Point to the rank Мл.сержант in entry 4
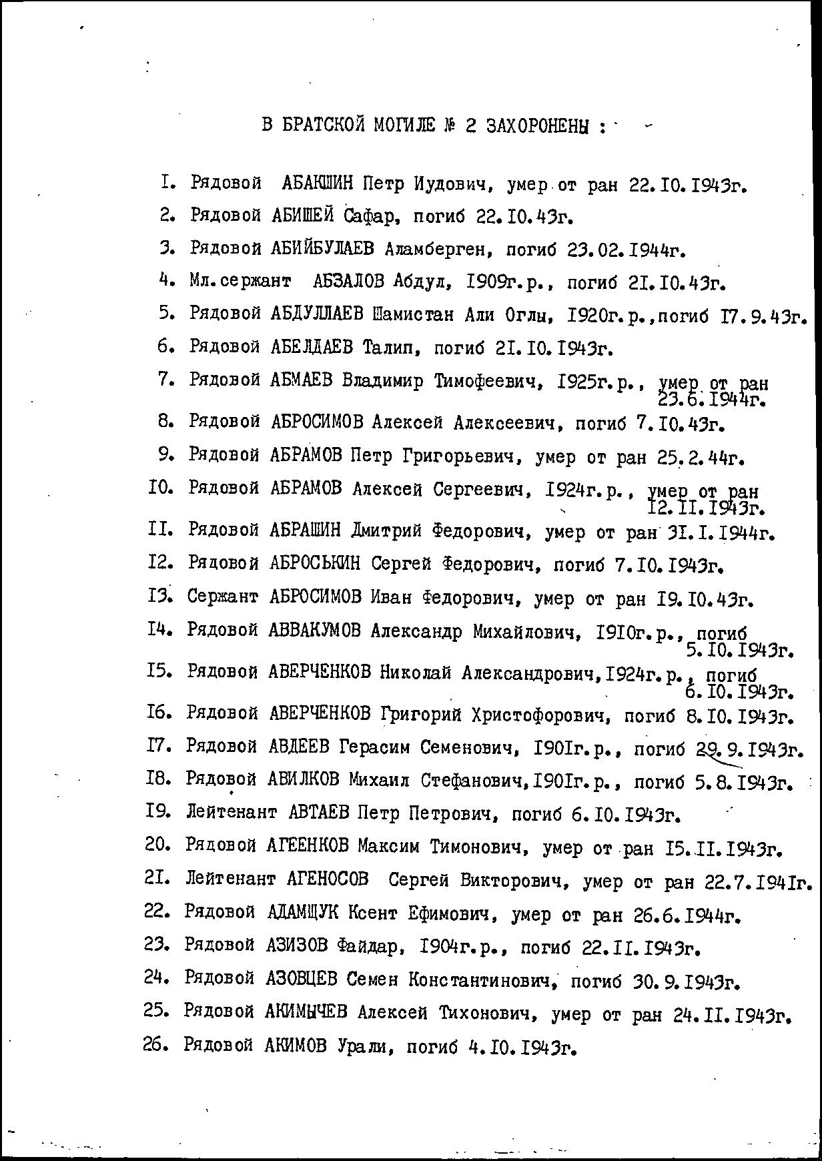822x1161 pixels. [239, 282]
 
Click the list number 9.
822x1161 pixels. [166, 455]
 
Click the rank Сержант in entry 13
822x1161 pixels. [223, 597]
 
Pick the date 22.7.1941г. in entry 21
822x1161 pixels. [758, 882]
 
